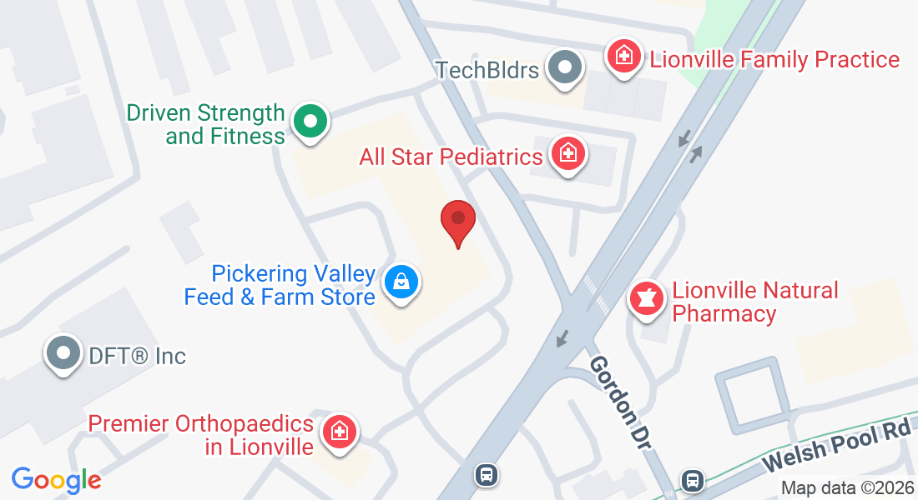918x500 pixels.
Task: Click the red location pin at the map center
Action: tap(458, 221)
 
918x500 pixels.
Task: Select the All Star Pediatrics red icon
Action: tap(568, 153)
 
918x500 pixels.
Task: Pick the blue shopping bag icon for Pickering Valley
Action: tap(401, 282)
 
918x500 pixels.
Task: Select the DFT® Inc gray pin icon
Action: tap(64, 354)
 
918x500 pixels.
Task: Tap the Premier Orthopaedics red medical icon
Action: tap(340, 432)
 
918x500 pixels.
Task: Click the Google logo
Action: tap(56, 480)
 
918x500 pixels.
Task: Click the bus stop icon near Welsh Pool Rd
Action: tap(692, 480)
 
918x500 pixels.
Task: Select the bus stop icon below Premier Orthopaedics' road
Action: tap(486, 475)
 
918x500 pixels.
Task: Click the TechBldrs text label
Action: tap(487, 69)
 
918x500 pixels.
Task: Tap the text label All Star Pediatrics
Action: tap(451, 156)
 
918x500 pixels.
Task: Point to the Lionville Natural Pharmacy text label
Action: tap(744, 302)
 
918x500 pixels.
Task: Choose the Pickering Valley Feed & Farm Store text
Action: tap(280, 285)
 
